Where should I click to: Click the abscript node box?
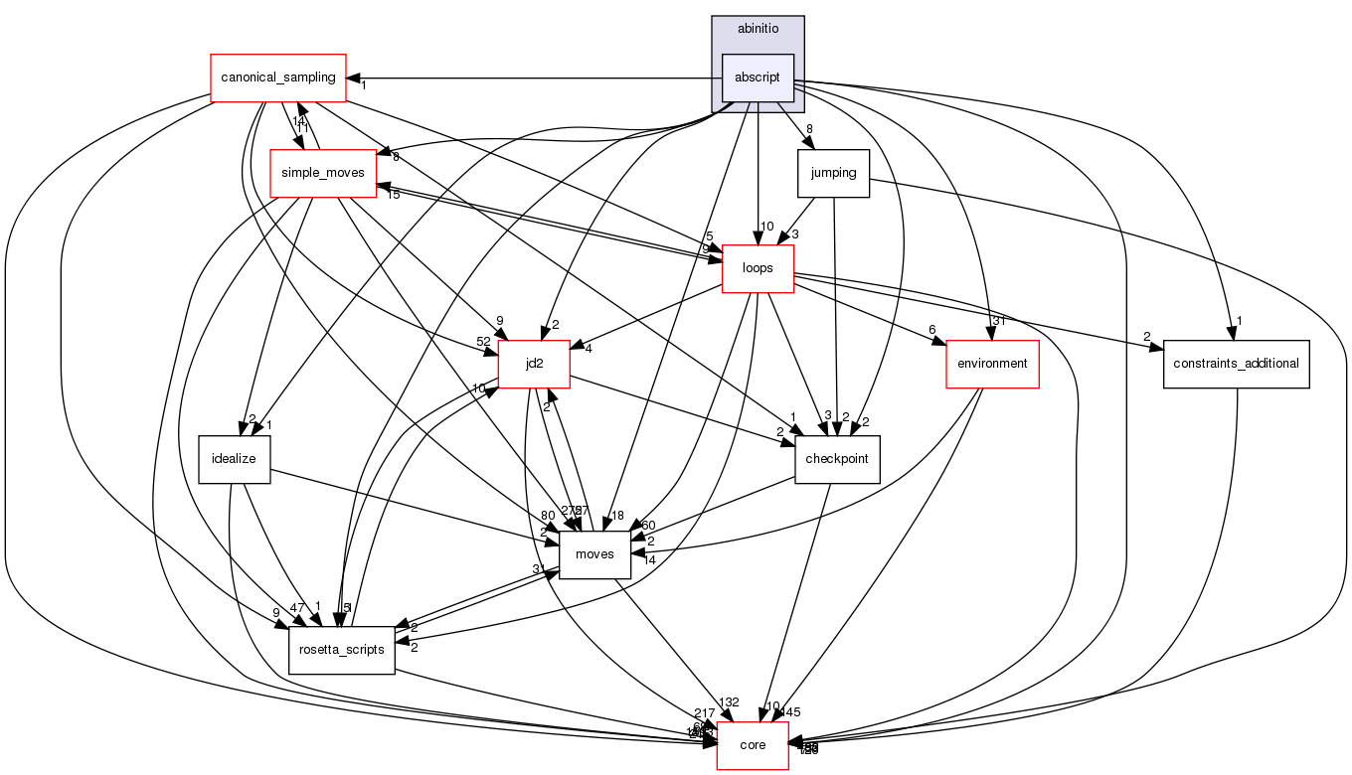(x=758, y=77)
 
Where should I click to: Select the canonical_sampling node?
(x=277, y=77)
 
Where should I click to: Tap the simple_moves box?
(x=323, y=173)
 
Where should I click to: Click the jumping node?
(x=833, y=173)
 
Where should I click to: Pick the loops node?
(x=758, y=268)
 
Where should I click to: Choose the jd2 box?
(x=534, y=364)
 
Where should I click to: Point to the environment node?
(x=991, y=364)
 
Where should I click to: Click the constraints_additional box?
(x=1236, y=364)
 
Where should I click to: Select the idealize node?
(x=235, y=459)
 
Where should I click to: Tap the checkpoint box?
(x=837, y=459)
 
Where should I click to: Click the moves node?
(x=594, y=554)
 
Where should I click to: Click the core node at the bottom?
(x=753, y=745)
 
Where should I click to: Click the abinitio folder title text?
(x=758, y=28)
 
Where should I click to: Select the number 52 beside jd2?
(x=483, y=342)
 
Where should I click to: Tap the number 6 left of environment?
(x=932, y=331)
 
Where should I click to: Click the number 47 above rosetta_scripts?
(x=296, y=607)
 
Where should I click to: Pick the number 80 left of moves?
(x=548, y=515)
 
